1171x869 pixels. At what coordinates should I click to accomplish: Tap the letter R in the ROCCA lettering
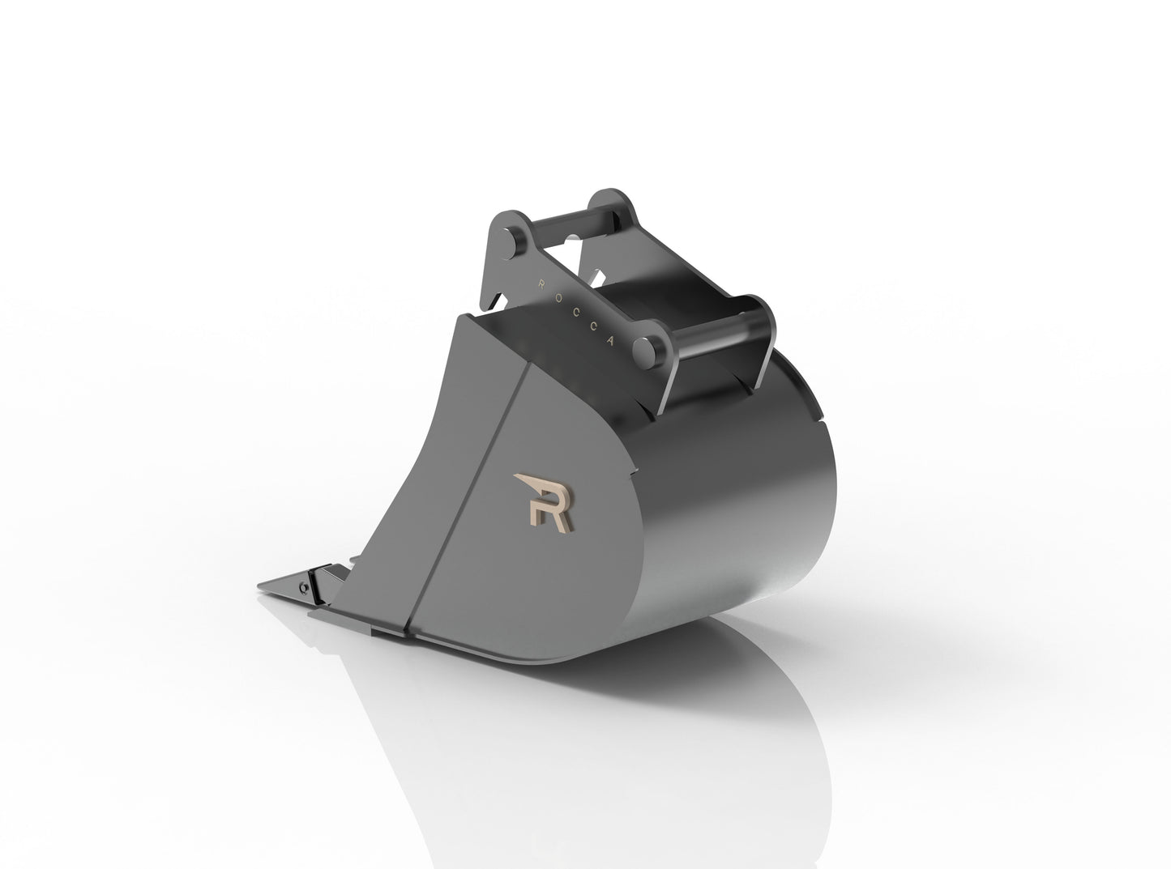[541, 282]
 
